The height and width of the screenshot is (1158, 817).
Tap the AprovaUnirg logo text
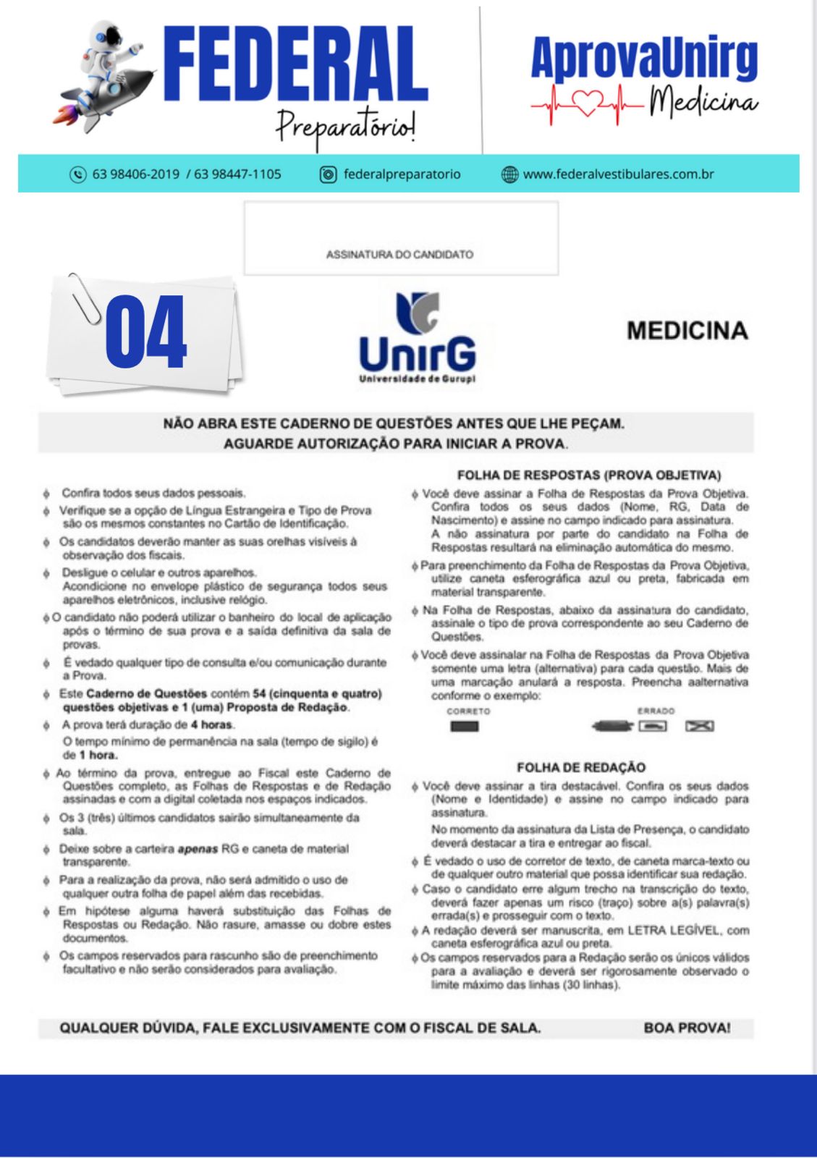(644, 58)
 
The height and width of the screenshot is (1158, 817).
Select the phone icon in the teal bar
(77, 174)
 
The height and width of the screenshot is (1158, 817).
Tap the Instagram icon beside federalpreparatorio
(329, 174)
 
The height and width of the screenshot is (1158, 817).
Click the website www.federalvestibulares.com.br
(618, 174)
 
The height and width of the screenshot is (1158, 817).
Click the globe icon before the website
(509, 174)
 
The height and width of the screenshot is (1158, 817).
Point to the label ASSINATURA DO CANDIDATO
(399, 255)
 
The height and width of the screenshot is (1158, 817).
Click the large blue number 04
(146, 333)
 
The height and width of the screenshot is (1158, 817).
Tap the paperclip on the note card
(84, 298)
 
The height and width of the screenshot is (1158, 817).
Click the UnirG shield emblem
(418, 312)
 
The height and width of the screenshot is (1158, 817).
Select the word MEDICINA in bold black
(687, 331)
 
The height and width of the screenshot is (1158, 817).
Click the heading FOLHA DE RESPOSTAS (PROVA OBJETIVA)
(589, 476)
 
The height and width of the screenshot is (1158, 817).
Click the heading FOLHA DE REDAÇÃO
(581, 767)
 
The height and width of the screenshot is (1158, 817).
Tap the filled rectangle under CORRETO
(465, 727)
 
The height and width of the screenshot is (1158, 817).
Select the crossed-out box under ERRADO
(699, 726)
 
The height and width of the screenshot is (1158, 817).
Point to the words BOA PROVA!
(687, 1028)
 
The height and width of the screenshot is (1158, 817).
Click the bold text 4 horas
(211, 724)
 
